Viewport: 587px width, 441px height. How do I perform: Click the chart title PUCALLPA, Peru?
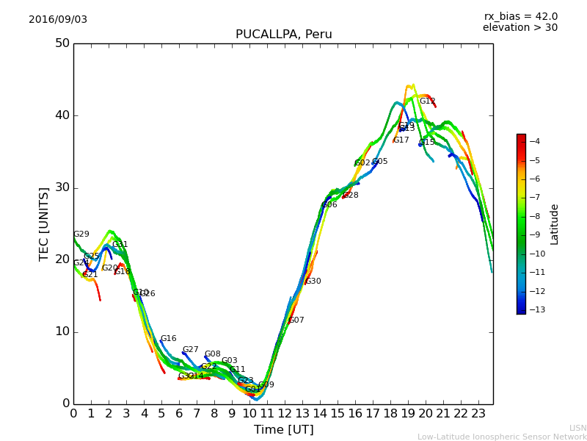click(x=283, y=35)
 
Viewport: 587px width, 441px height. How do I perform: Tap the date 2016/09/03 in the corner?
click(x=58, y=20)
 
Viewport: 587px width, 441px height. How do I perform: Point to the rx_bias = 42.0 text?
click(x=520, y=17)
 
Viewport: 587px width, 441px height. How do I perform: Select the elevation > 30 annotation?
click(x=519, y=28)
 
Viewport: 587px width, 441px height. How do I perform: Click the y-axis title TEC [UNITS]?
click(x=44, y=223)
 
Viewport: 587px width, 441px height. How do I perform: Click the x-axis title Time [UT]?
click(x=283, y=429)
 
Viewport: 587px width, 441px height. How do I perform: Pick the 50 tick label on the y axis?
click(x=62, y=43)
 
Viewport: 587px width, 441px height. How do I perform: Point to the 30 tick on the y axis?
click(x=62, y=187)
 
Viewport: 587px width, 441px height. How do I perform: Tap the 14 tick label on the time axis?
click(x=320, y=413)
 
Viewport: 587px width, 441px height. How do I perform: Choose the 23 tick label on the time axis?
click(x=478, y=413)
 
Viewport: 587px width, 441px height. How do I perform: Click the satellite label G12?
click(x=428, y=101)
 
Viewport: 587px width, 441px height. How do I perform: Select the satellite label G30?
click(x=313, y=282)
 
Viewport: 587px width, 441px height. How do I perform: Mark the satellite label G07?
click(x=296, y=320)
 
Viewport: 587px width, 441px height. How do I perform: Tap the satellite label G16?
click(x=168, y=339)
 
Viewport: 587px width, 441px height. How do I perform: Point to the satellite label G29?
click(x=81, y=234)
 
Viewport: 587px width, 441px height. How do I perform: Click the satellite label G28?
click(x=351, y=196)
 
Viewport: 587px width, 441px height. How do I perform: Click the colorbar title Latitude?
click(x=555, y=223)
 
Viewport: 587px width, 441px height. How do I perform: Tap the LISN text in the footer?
click(x=577, y=428)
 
